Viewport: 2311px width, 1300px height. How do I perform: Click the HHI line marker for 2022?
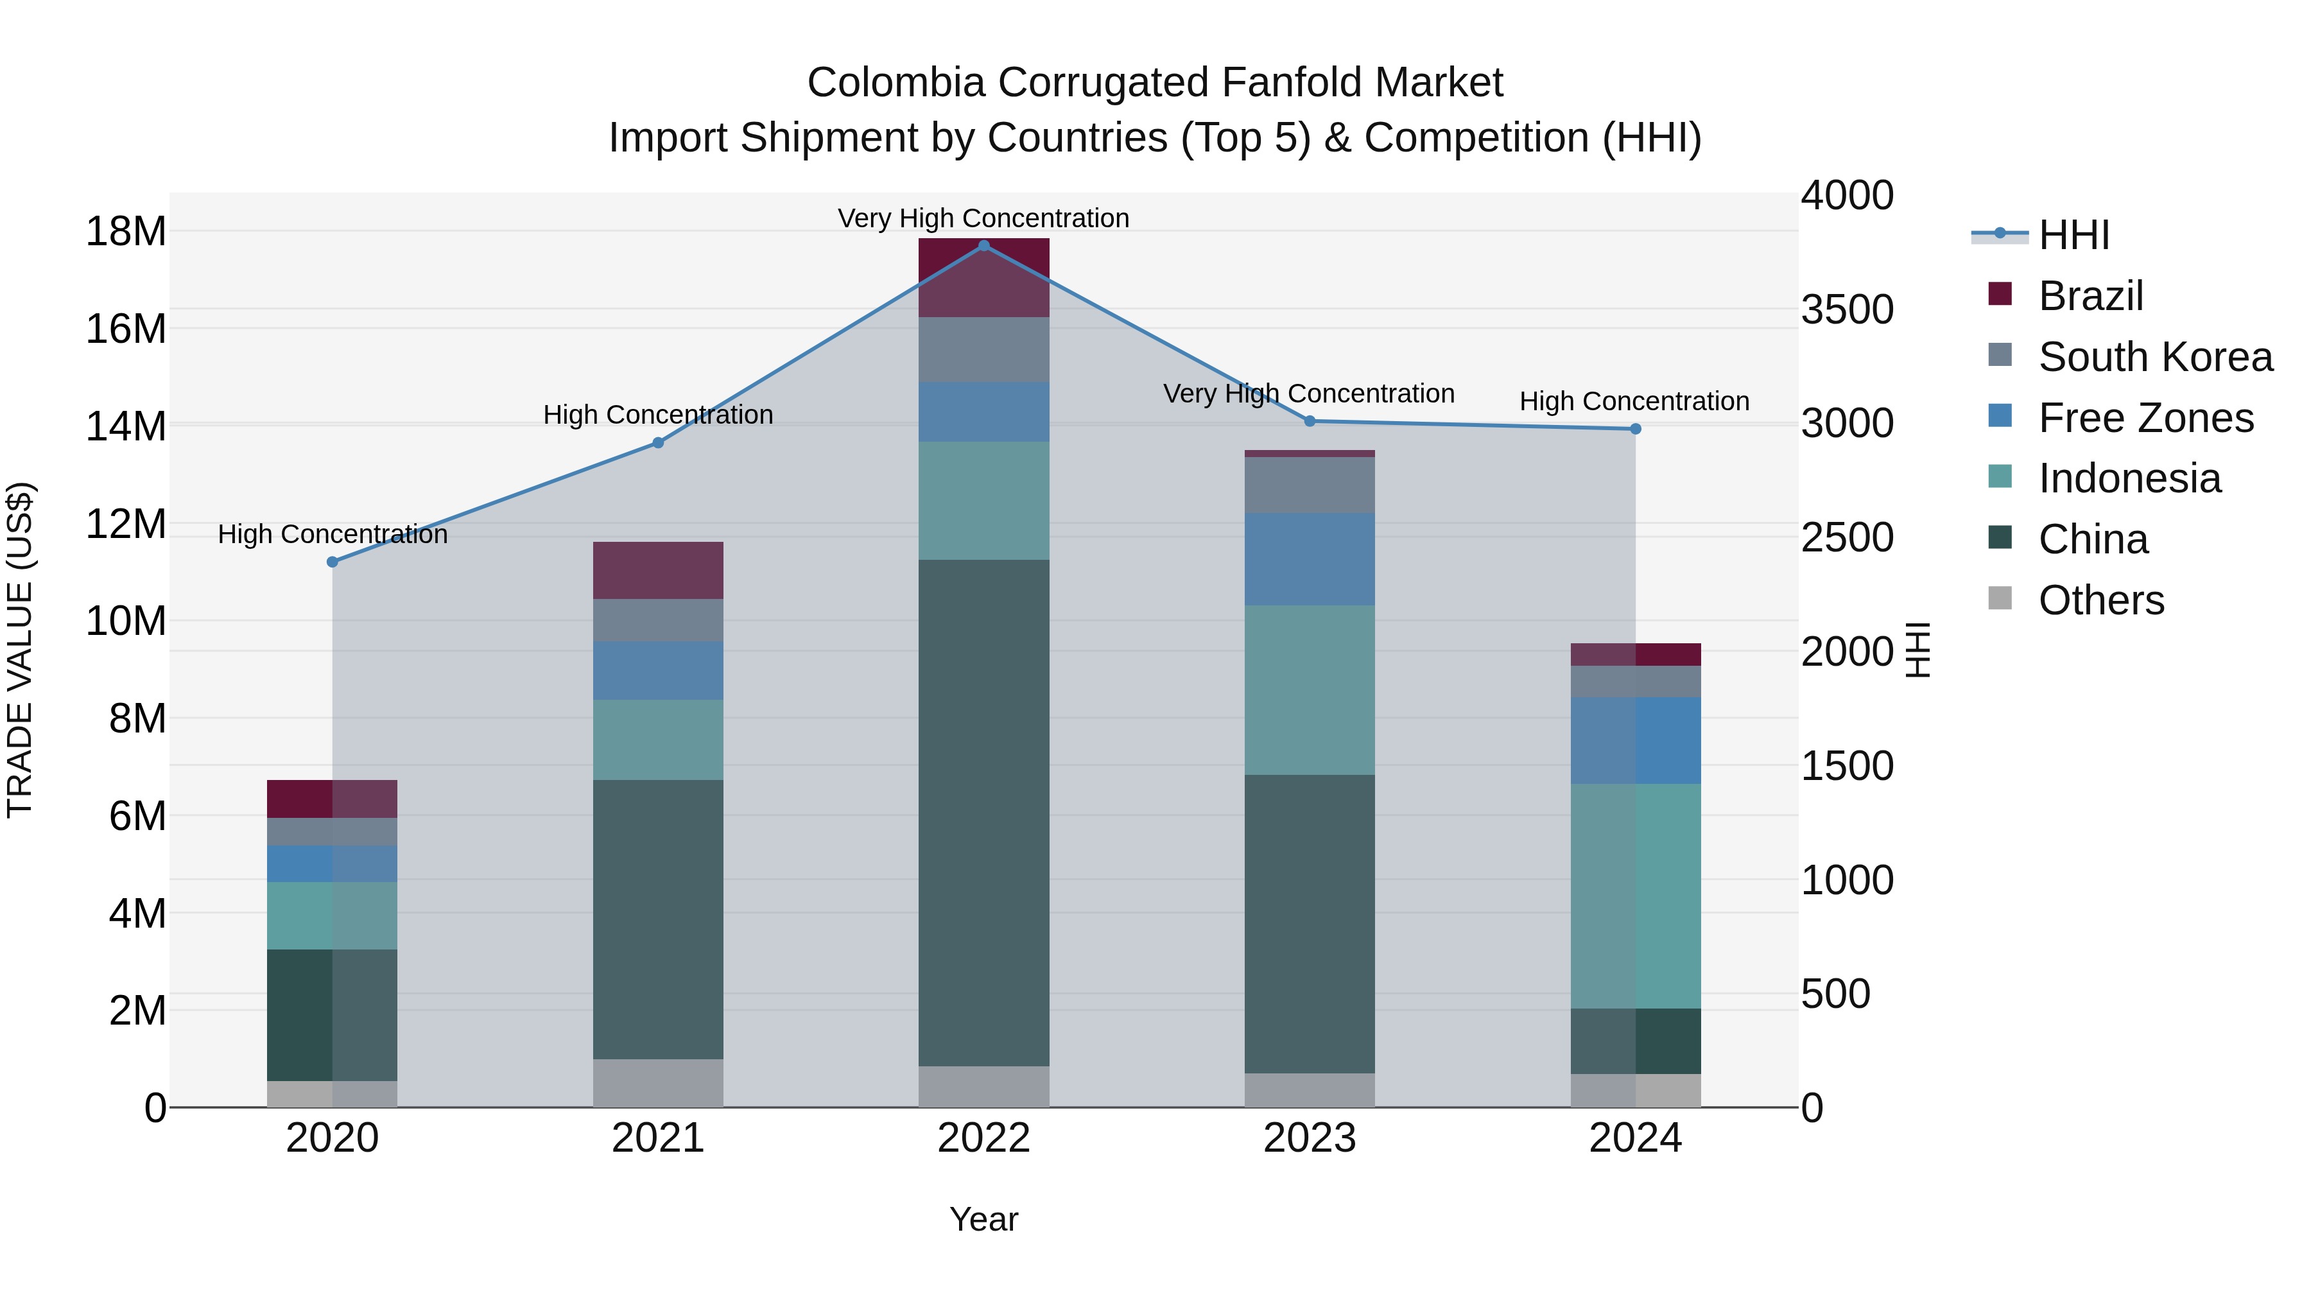pos(983,246)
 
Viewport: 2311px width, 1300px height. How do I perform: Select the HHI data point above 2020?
pos(332,562)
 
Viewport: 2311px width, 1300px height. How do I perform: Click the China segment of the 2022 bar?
pos(983,812)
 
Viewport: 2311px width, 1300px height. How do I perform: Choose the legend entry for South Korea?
pos(2155,357)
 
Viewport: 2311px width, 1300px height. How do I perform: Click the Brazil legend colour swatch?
pos(2000,294)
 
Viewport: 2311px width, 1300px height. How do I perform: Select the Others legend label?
pos(2101,600)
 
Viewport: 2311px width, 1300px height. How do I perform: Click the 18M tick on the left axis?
pos(126,232)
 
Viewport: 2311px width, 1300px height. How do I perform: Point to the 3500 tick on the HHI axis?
pos(1847,309)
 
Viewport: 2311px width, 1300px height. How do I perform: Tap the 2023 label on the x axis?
pos(1309,1138)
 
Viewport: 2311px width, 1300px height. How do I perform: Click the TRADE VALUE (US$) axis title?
pos(20,650)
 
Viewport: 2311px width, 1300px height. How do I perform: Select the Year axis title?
pos(983,1219)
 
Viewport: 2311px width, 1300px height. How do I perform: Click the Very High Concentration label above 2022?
pos(983,218)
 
